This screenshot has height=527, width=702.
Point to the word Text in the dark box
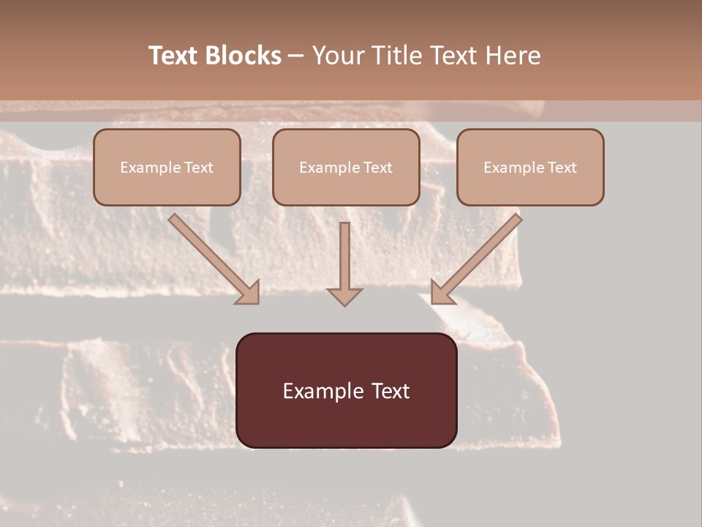pos(391,391)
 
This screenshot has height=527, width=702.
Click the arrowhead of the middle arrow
pos(344,296)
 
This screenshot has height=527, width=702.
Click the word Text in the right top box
pos(562,168)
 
